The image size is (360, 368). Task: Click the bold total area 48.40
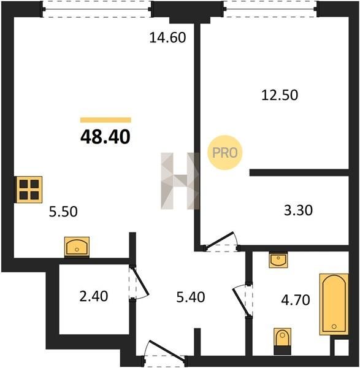(105, 137)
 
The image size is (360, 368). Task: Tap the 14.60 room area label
(167, 37)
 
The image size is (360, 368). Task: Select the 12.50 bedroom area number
(280, 95)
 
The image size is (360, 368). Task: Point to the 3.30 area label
(298, 210)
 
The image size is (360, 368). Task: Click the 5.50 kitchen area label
(63, 212)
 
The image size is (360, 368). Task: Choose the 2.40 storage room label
(94, 296)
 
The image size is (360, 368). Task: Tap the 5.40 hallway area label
(191, 297)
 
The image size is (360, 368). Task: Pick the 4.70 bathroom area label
(296, 300)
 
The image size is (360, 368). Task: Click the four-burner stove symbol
(29, 190)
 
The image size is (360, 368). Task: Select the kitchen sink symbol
(77, 247)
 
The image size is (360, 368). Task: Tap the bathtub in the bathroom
(334, 304)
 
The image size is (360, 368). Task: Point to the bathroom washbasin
(278, 260)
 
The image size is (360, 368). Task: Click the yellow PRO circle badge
(225, 153)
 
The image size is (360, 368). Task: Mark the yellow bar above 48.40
(105, 120)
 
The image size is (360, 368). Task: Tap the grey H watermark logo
(180, 181)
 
